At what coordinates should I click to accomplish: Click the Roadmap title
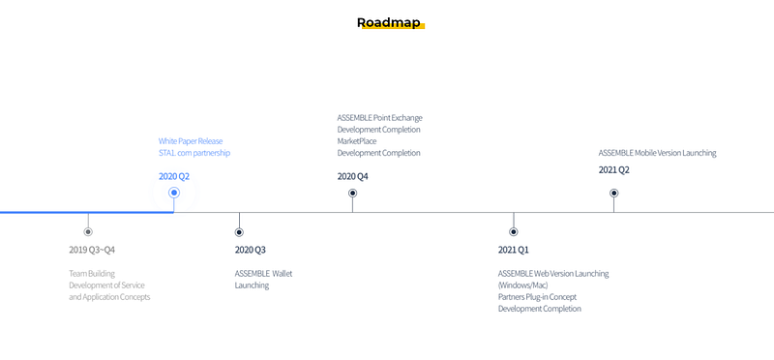[x=389, y=22]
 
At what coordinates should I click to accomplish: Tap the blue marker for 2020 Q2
[x=174, y=193]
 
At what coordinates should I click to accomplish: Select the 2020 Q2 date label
[x=174, y=176]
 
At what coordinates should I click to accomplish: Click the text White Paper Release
[x=191, y=141]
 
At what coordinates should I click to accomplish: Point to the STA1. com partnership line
[x=194, y=153]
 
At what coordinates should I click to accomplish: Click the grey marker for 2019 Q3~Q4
[x=88, y=231]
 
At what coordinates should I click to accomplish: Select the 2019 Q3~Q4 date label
[x=92, y=250]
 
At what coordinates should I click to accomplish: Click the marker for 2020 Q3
[x=239, y=231]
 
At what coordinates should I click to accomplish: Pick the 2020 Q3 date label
[x=250, y=250]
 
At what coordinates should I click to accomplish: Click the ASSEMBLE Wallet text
[x=263, y=274]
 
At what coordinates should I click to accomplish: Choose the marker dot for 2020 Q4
[x=352, y=194]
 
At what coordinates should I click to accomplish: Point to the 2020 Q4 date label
[x=352, y=176]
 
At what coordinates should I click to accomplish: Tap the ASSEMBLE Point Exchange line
[x=379, y=118]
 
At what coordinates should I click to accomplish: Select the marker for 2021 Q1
[x=514, y=231]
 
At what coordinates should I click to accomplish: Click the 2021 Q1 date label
[x=514, y=250]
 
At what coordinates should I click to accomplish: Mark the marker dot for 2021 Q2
[x=613, y=194]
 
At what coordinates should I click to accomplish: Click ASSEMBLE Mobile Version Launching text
[x=657, y=153]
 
